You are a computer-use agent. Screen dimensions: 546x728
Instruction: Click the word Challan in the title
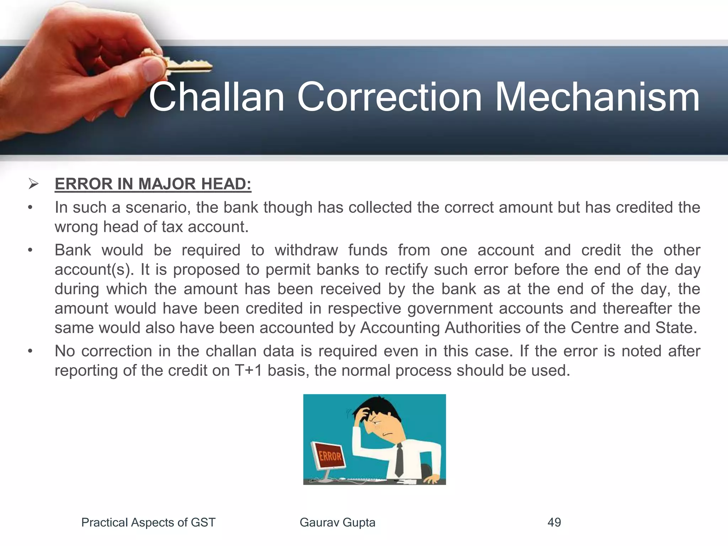[217, 97]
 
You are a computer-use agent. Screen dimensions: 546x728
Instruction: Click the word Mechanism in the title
[597, 97]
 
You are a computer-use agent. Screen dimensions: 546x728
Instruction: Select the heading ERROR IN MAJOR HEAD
[153, 184]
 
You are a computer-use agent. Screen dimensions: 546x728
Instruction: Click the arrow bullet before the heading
[33, 184]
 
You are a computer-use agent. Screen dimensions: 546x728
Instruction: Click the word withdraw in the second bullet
[306, 250]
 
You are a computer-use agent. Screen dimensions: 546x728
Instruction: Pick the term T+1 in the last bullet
[248, 370]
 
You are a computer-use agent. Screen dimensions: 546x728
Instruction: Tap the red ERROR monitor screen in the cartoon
[329, 456]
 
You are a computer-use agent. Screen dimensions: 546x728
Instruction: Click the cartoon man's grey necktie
[399, 460]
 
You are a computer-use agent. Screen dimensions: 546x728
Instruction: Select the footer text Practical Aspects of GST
[148, 522]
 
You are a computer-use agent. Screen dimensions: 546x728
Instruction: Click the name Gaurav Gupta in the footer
[337, 522]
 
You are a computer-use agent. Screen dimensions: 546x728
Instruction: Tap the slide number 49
[554, 522]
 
